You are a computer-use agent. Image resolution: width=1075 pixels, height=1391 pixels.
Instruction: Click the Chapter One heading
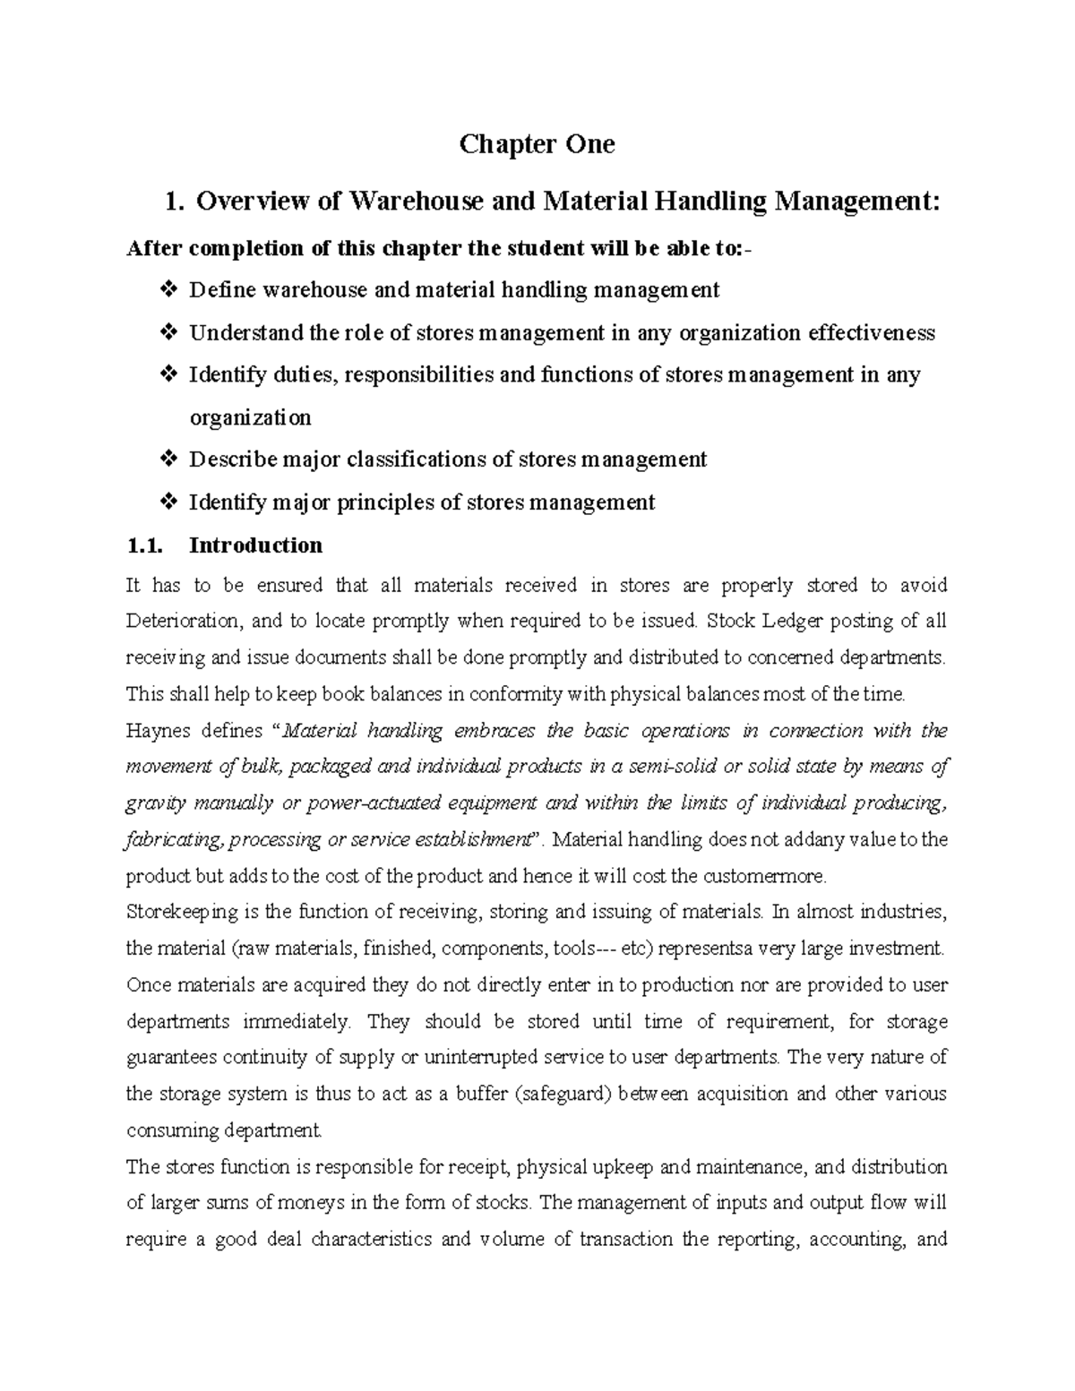[537, 144]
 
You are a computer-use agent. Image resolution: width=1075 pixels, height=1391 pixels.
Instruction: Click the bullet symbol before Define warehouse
[168, 290]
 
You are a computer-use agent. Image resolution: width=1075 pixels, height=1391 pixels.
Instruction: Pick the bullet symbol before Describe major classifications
[168, 459]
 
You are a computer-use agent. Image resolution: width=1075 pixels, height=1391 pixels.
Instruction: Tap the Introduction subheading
[255, 545]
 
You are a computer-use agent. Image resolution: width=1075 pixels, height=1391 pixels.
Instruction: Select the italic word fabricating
[174, 840]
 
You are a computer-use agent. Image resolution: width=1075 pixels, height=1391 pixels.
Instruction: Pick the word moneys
[335, 1203]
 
